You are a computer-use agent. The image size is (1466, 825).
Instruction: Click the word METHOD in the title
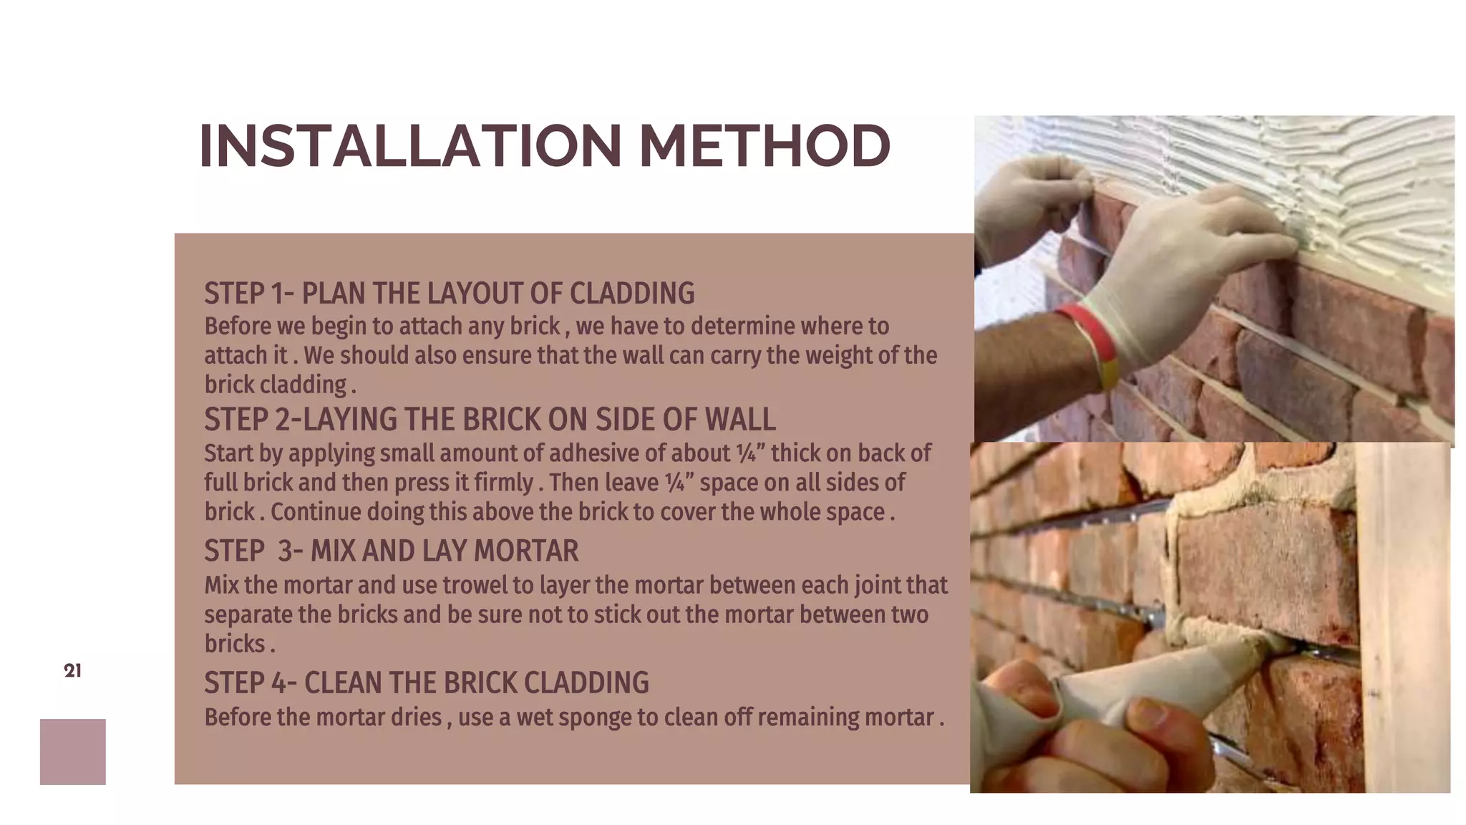point(764,147)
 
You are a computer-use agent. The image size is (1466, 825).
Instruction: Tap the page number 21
point(72,671)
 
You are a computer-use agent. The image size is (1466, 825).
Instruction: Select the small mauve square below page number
point(72,752)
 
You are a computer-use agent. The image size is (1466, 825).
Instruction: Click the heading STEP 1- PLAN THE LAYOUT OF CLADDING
point(449,294)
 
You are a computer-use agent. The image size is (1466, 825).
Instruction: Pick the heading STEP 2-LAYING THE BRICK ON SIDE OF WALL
point(489,420)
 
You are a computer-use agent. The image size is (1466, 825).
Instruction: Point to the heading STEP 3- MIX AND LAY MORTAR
point(391,551)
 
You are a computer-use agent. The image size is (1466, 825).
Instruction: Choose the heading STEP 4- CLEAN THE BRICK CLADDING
point(426,683)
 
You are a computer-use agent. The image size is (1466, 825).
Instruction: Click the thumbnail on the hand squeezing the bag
point(1152,711)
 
